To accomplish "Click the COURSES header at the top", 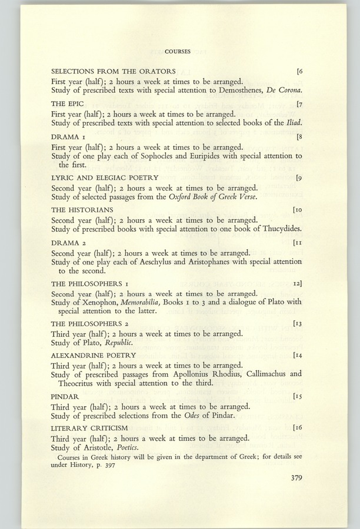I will click(178, 52).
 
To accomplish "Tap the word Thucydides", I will click(280, 228).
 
